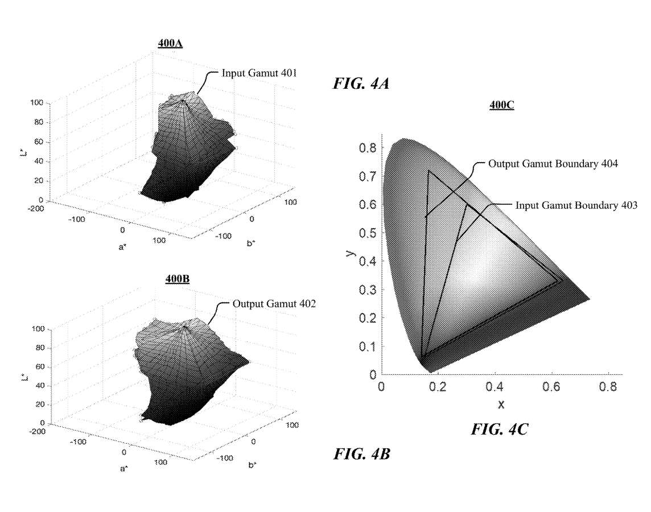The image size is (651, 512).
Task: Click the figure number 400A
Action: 170,43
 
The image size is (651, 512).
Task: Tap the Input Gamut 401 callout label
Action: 259,73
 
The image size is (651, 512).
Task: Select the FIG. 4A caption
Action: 361,84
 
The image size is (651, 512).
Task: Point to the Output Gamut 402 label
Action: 274,304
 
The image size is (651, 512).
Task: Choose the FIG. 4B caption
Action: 361,453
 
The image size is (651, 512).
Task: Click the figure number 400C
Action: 501,105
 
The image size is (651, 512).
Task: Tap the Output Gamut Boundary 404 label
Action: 553,163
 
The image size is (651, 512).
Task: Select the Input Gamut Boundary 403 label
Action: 576,205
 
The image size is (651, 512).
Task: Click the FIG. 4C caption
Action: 500,429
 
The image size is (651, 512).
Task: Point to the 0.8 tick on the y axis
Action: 368,148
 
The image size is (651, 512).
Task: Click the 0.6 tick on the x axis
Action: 551,387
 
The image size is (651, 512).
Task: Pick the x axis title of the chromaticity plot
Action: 501,404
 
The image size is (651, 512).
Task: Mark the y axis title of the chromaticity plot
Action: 350,253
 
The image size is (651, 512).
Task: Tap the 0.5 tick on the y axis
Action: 368,233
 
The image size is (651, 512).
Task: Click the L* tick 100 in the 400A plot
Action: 37,102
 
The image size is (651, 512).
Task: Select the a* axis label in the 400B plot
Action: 123,469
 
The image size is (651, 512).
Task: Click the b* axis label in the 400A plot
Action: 251,243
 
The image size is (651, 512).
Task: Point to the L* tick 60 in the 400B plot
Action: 39,367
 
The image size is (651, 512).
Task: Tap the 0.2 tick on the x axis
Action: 438,387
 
